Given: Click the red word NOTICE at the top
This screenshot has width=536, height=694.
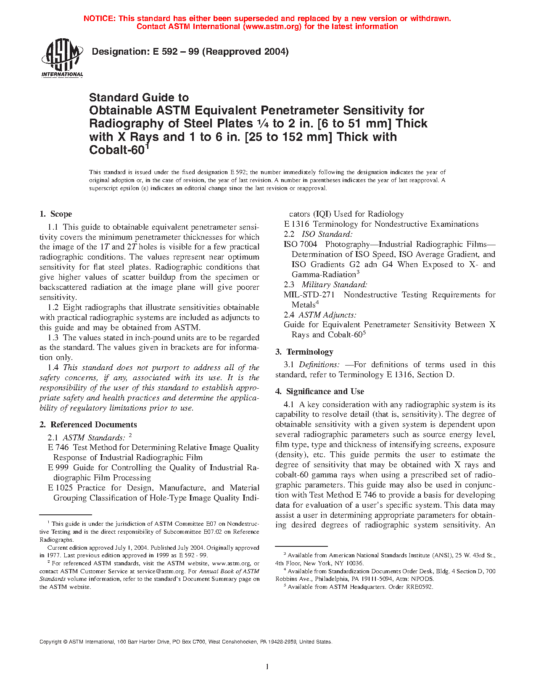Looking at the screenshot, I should click(x=99, y=19).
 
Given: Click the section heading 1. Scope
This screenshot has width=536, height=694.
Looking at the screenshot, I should click(x=56, y=214).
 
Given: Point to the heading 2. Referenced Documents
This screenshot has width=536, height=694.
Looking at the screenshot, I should click(x=88, y=425).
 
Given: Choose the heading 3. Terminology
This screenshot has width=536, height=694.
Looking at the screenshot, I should click(x=304, y=352).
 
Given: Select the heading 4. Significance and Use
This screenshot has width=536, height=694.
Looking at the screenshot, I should click(x=319, y=392).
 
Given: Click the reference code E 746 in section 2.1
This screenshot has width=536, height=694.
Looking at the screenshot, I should click(x=58, y=448).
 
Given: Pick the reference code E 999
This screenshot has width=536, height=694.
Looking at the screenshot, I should click(x=58, y=468).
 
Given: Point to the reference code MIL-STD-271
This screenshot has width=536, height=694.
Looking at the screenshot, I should click(x=309, y=295).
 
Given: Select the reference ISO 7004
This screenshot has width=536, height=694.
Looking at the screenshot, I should click(x=300, y=244).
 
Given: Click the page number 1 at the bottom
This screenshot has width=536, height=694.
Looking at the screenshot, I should click(x=267, y=667).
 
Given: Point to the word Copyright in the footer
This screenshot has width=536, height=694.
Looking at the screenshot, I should click(x=50, y=642).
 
